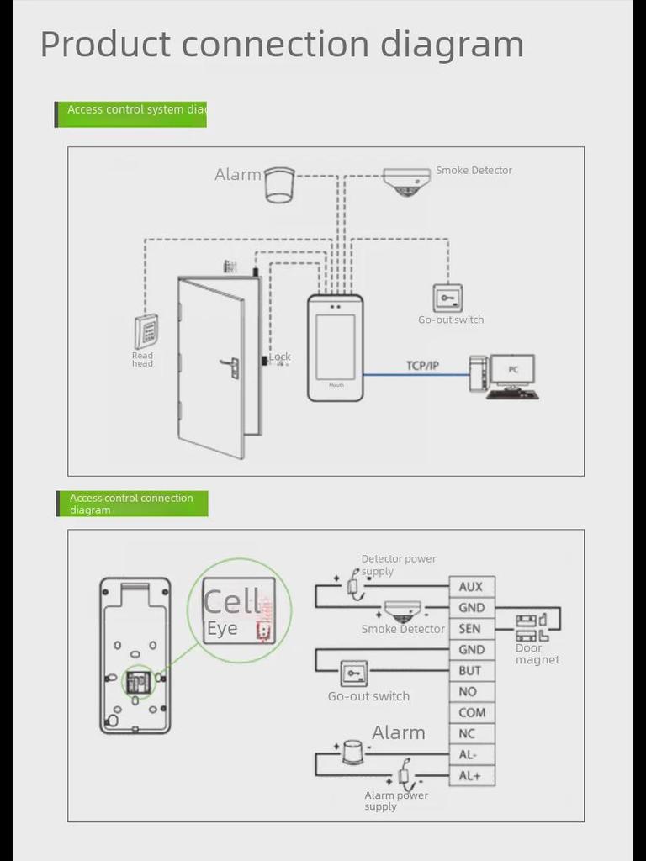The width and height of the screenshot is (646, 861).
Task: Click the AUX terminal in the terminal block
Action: (472, 587)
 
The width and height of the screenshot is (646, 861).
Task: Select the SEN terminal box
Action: (472, 629)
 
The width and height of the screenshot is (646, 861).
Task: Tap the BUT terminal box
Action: (472, 671)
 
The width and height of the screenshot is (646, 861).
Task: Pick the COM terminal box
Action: (472, 713)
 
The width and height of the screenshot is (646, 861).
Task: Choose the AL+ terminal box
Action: (472, 776)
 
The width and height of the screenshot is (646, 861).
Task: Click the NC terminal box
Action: (472, 734)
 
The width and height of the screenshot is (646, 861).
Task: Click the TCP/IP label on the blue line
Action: (422, 366)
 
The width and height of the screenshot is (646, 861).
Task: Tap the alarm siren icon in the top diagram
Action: (279, 184)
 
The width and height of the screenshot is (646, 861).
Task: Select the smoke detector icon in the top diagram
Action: (407, 182)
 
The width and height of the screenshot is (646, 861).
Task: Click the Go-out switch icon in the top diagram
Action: (447, 298)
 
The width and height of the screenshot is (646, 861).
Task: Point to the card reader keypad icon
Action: (146, 331)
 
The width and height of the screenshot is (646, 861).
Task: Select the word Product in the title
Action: (105, 44)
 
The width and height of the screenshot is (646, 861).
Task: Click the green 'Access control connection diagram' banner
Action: (132, 504)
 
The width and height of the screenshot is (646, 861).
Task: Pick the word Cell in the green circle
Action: (233, 602)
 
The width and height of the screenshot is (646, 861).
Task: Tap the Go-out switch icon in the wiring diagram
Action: (353, 673)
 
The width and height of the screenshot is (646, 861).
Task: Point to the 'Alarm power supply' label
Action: (395, 800)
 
